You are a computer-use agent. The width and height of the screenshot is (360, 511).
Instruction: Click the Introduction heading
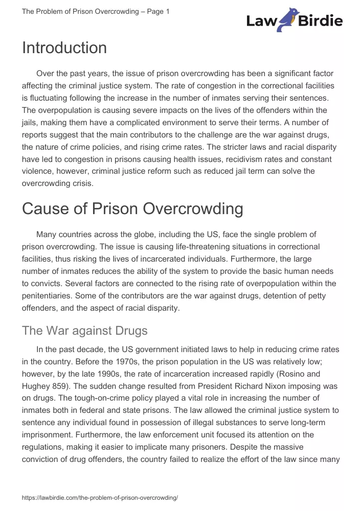(x=64, y=48)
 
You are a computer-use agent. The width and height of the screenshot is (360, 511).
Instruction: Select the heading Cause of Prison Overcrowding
(x=132, y=208)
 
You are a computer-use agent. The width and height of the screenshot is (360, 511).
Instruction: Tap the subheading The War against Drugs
(x=84, y=331)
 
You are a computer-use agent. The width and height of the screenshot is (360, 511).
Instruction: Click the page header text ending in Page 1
(x=96, y=11)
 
